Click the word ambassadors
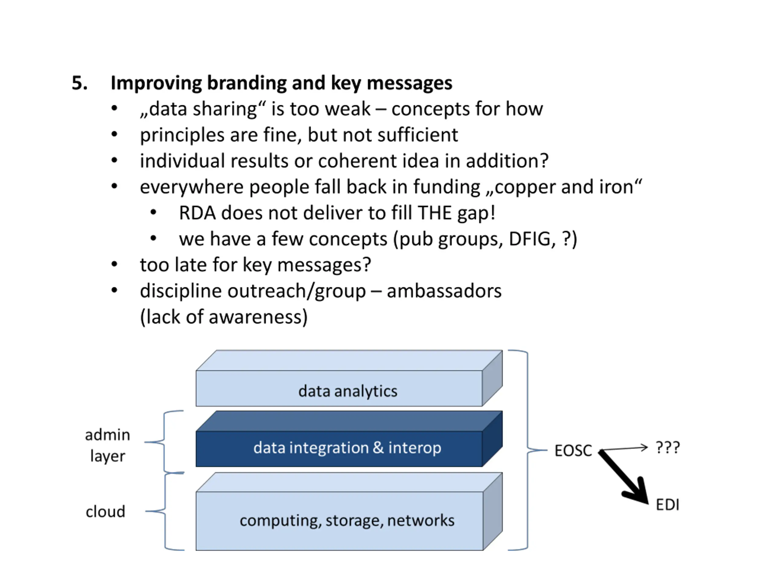(444, 291)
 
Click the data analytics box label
(348, 391)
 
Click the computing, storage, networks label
(347, 520)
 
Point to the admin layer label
(108, 445)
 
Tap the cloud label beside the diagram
(105, 512)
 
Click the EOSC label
(573, 451)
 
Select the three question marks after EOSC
(667, 448)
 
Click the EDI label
(667, 505)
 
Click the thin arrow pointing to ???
(623, 448)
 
